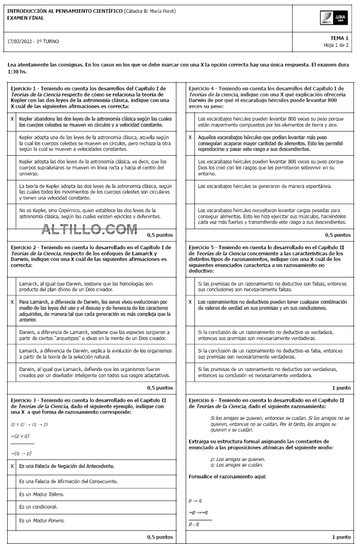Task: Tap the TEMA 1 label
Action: (x=339, y=38)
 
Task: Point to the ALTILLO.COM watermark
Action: (x=89, y=229)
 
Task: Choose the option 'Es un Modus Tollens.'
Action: (x=41, y=494)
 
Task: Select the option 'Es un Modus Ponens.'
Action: (x=42, y=520)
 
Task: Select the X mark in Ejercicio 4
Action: (x=191, y=138)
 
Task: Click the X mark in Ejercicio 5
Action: (x=191, y=302)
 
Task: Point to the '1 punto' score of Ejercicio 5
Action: (x=341, y=387)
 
